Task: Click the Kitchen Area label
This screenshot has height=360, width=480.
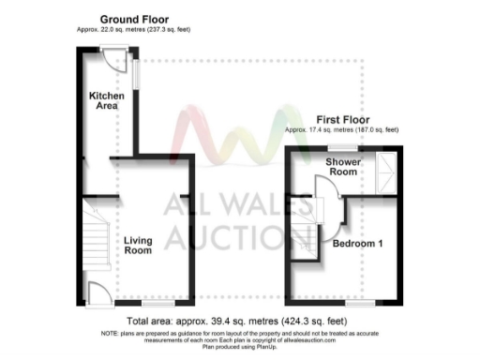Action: (103, 101)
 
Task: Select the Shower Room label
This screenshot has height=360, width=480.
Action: (342, 167)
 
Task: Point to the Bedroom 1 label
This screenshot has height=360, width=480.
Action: (356, 243)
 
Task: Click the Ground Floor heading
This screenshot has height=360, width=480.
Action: (130, 19)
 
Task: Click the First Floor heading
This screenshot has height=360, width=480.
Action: (342, 119)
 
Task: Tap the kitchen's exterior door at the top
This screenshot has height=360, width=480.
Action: (113, 61)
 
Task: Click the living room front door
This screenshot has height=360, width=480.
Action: (95, 292)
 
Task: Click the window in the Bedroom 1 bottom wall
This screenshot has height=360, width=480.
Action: (360, 303)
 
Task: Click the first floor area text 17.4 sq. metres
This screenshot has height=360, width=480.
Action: (324, 128)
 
